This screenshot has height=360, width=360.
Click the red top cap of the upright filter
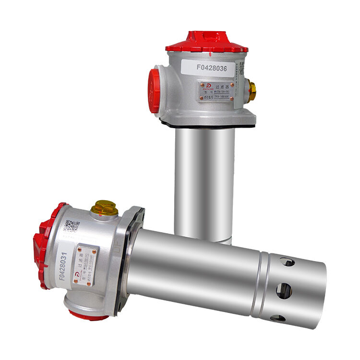click(x=206, y=42)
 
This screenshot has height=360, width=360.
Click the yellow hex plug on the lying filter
click(x=104, y=207)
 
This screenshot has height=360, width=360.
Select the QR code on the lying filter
click(x=72, y=226)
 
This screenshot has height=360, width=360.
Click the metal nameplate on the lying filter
click(x=87, y=266)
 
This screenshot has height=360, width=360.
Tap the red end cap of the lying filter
click(x=42, y=245)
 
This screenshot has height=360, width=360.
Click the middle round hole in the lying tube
click(x=284, y=290)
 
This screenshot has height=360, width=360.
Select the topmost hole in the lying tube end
click(x=287, y=262)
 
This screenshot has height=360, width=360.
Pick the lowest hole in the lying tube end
click(x=278, y=318)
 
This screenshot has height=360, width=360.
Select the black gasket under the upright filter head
click(x=206, y=125)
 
